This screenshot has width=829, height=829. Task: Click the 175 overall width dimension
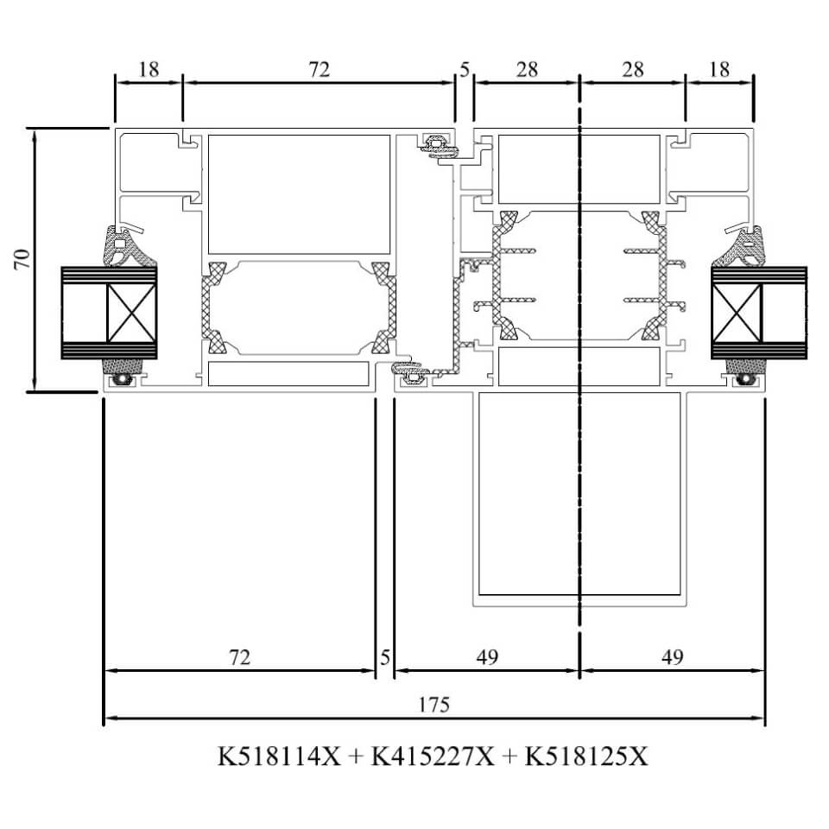[434, 705]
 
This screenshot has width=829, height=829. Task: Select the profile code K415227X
[432, 756]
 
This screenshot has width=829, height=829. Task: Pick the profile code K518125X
[585, 756]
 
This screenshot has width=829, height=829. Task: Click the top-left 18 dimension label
[149, 69]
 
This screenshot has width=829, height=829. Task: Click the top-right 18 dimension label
[719, 69]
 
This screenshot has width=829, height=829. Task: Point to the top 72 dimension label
[320, 69]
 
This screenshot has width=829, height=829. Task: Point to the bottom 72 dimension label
[239, 657]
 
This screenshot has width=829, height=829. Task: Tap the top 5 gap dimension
[465, 69]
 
